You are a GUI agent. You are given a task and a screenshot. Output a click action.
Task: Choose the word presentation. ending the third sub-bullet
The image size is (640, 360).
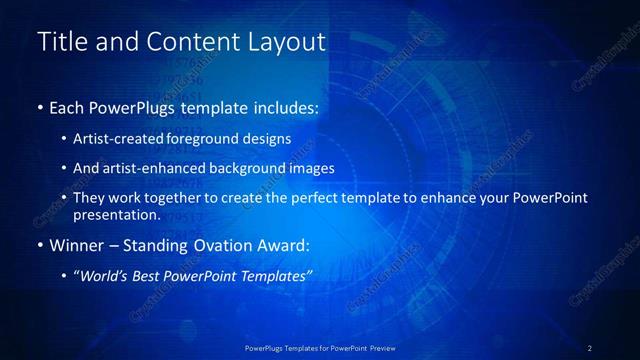point(116,214)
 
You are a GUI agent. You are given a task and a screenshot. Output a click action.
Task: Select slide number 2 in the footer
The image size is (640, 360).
point(590,347)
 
